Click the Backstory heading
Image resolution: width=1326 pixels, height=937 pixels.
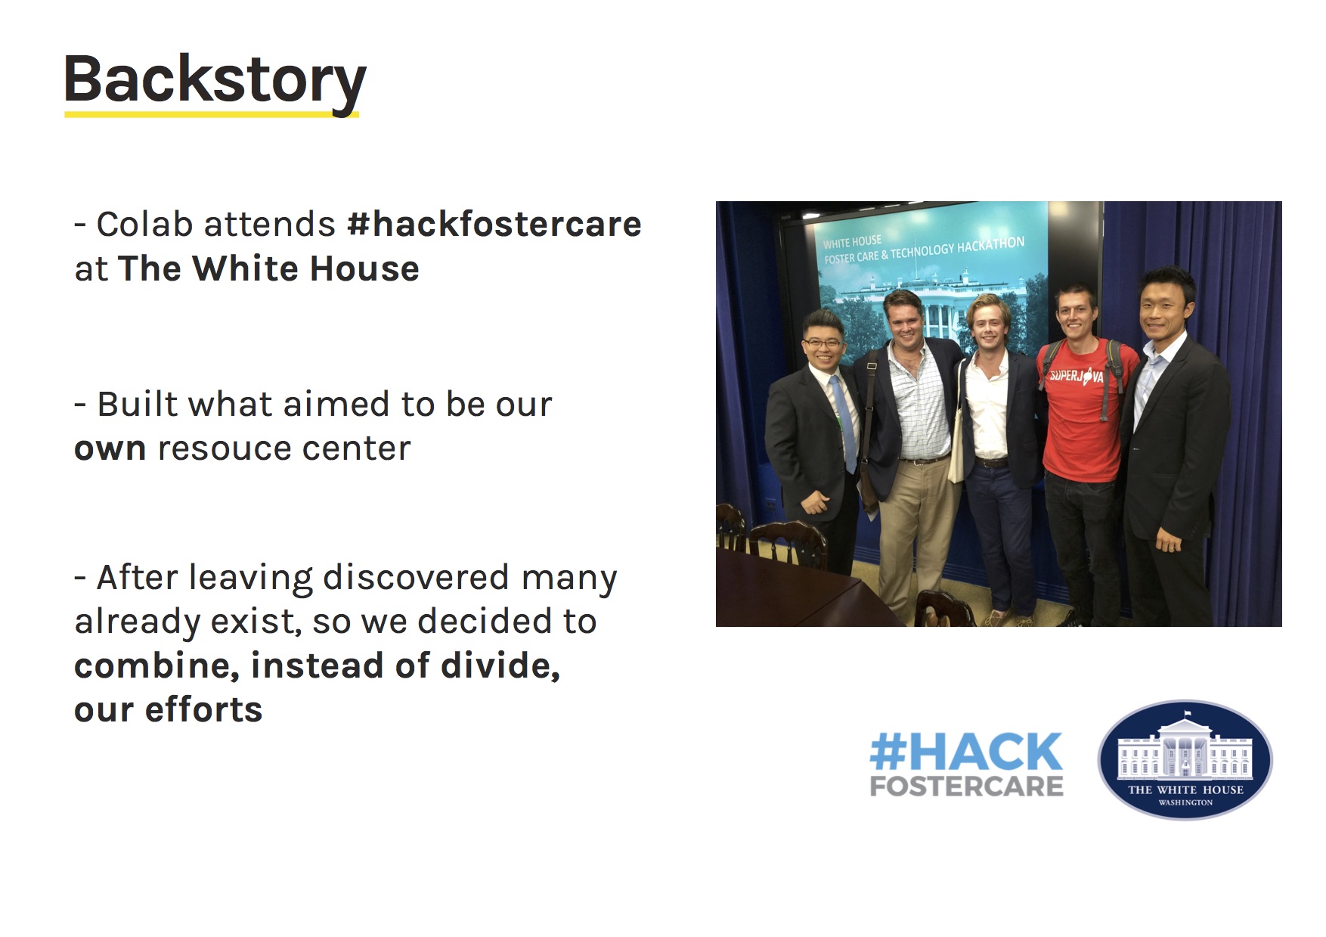215,81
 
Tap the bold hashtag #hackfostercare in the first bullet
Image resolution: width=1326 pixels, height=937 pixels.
494,224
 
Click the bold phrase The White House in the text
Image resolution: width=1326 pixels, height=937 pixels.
268,268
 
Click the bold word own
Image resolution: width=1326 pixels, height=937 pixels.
110,449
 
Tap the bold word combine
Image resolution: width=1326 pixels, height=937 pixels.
157,666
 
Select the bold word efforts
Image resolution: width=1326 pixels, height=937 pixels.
203,709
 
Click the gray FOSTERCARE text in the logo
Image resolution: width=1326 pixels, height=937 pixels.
966,787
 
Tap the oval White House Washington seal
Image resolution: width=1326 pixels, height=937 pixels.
1185,759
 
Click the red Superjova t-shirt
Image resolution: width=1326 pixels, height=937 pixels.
1083,412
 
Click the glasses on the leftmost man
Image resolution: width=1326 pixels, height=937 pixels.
823,343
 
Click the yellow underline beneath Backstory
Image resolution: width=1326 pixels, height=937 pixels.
212,114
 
